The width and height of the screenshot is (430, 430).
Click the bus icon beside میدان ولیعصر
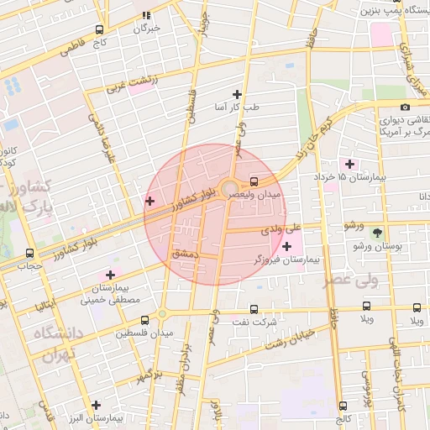pyautogui.click(x=254, y=181)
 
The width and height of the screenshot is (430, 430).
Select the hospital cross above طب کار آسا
pyautogui.click(x=237, y=94)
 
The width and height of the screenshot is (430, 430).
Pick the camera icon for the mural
pyautogui.click(x=405, y=107)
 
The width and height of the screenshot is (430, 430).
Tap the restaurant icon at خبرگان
pyautogui.click(x=147, y=15)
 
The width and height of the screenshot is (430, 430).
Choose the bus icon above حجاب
pyautogui.click(x=30, y=252)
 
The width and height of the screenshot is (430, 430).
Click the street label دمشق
pyautogui.click(x=183, y=252)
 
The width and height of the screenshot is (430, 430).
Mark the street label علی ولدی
pyautogui.click(x=281, y=228)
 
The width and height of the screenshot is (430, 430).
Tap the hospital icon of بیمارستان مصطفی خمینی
pyautogui.click(x=110, y=275)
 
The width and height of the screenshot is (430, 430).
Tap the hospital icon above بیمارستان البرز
pyautogui.click(x=97, y=406)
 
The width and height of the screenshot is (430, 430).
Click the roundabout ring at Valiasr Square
pyautogui.click(x=229, y=187)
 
